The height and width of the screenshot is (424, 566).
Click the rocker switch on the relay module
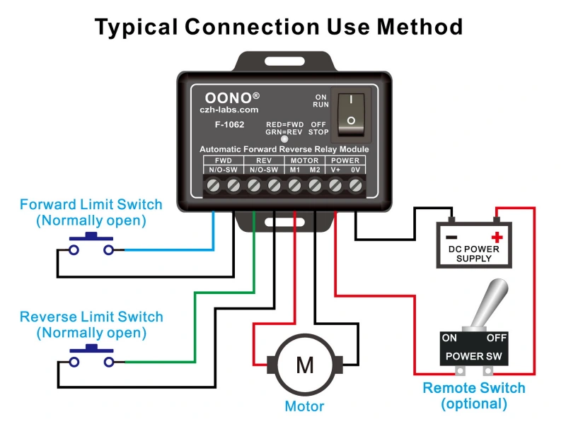coord(352,112)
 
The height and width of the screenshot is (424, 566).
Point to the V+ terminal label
coord(335,170)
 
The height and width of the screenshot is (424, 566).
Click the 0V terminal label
coord(356,170)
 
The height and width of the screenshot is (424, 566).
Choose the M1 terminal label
coord(294,170)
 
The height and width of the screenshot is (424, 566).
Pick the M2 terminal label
coord(315,170)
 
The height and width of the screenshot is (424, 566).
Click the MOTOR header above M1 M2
coord(304,160)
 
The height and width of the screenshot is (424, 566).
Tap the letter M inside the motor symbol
coord(304,365)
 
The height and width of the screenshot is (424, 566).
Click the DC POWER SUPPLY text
coord(474,254)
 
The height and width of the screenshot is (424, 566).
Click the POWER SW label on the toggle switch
coord(474,355)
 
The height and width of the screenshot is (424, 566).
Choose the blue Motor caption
coord(304,406)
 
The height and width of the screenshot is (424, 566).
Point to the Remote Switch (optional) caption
coord(474,396)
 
